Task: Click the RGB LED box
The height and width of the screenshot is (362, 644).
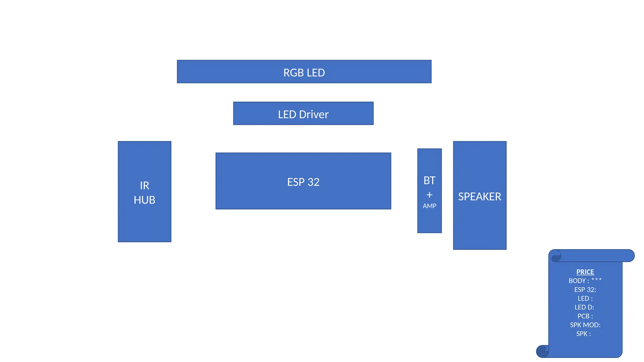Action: [304, 72]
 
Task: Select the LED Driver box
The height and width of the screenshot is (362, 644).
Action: [303, 114]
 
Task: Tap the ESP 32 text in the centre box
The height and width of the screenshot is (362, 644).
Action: [303, 182]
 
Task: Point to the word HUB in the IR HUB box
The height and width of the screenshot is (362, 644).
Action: [144, 200]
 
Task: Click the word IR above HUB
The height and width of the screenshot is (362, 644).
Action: [144, 185]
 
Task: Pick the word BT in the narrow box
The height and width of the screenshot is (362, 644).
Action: [429, 180]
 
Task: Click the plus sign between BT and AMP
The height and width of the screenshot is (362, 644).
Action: [429, 195]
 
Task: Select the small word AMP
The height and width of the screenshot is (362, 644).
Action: [429, 206]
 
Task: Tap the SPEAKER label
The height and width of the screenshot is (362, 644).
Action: [480, 196]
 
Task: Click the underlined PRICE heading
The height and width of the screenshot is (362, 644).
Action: [585, 272]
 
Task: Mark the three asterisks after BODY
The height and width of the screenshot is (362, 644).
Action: [596, 279]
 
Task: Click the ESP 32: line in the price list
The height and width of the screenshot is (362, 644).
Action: [585, 289]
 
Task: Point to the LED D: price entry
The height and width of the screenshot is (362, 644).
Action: [584, 307]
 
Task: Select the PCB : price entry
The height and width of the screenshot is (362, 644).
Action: [585, 316]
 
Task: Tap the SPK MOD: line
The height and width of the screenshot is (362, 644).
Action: [585, 325]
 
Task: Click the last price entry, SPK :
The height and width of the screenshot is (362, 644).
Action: [583, 333]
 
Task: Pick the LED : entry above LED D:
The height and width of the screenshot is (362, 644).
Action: [585, 298]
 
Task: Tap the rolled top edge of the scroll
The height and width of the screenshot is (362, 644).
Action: [594, 255]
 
